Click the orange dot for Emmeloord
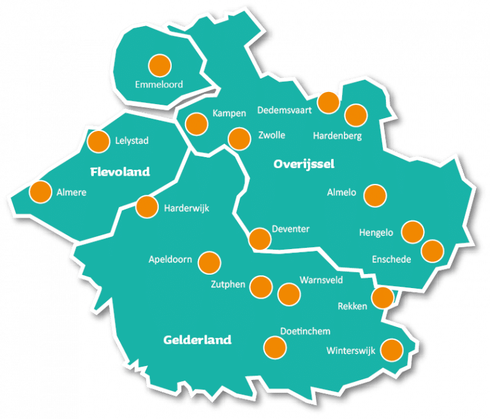pyautogui.click(x=160, y=65)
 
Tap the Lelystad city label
pyautogui.click(x=131, y=141)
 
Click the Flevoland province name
pyautogui.click(x=120, y=172)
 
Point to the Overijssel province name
pyautogui.click(x=304, y=164)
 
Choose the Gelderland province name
pyautogui.click(x=197, y=340)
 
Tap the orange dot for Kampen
pyautogui.click(x=197, y=123)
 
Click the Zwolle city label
pyautogui.click(x=272, y=135)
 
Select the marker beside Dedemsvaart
pyautogui.click(x=329, y=102)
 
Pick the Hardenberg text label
pyautogui.click(x=338, y=136)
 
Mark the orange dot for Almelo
pyautogui.click(x=375, y=195)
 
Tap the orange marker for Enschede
pyautogui.click(x=433, y=250)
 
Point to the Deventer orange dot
pyautogui.click(x=260, y=238)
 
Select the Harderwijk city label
pyautogui.click(x=186, y=208)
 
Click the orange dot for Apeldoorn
pyautogui.click(x=209, y=262)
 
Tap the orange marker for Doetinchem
pyautogui.click(x=275, y=347)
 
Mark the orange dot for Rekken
pyautogui.click(x=383, y=297)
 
